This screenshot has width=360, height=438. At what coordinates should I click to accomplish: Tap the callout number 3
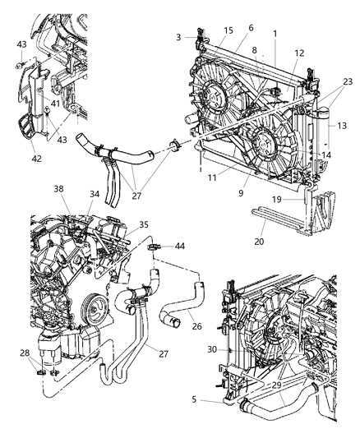coord(178,37)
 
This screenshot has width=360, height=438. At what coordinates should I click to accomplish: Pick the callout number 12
coord(299,53)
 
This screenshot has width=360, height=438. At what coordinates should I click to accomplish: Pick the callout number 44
coord(180,245)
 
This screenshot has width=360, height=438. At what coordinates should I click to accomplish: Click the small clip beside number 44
coord(155,245)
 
